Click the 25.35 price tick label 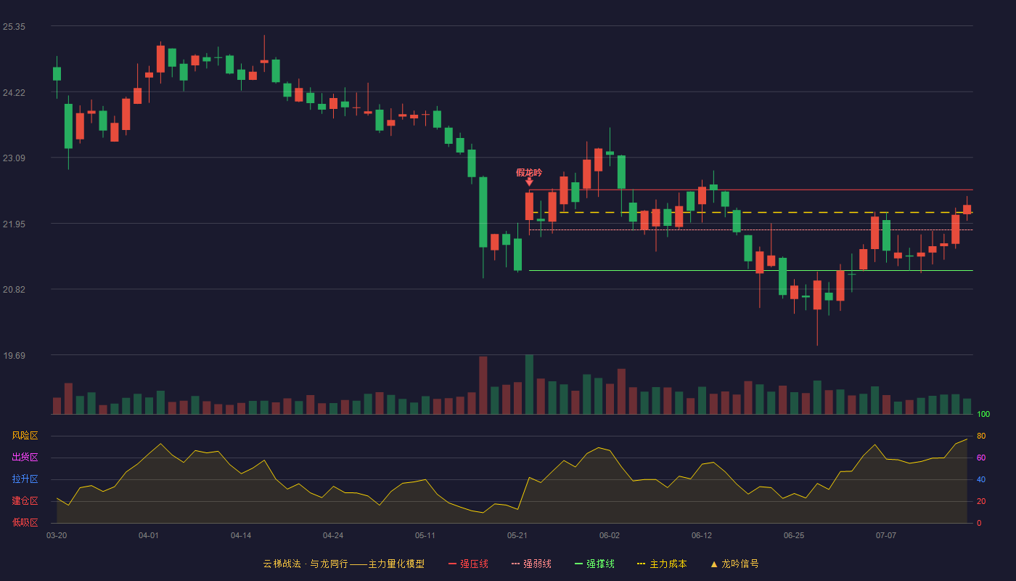[14, 27]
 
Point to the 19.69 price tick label [14, 355]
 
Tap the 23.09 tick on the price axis [14, 158]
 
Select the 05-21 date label [517, 536]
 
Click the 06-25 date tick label [794, 536]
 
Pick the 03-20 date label [57, 536]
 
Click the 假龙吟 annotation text [529, 173]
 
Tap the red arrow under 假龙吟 [529, 182]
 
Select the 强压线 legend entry [468, 564]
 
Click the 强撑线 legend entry [594, 564]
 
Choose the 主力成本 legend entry [662, 564]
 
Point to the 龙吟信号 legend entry [734, 564]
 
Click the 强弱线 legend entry [531, 564]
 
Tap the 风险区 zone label [25, 436]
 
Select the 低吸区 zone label [25, 523]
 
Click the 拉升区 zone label [25, 479]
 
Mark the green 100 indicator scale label [983, 414]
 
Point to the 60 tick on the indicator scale [981, 458]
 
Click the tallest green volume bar [529, 384]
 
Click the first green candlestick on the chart [57, 74]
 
